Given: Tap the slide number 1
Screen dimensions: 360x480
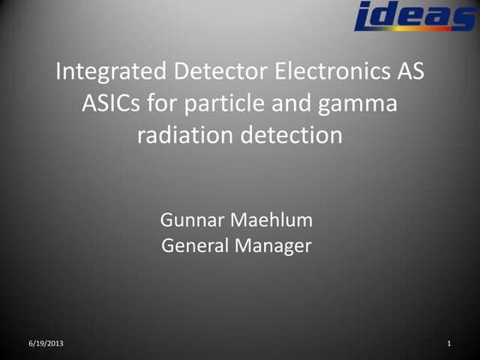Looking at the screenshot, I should pos(449,344).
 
